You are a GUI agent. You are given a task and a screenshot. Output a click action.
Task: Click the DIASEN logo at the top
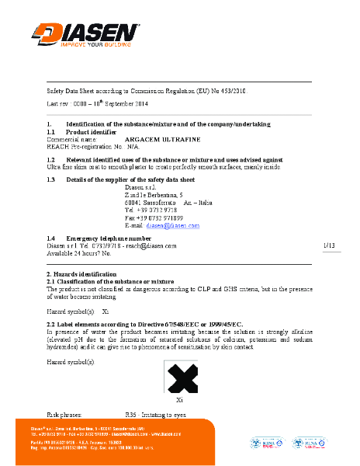[x=85, y=31]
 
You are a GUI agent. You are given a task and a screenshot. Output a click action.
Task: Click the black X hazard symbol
[x=180, y=380]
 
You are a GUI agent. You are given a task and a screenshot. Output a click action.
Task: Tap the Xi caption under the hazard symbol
[x=180, y=400]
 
